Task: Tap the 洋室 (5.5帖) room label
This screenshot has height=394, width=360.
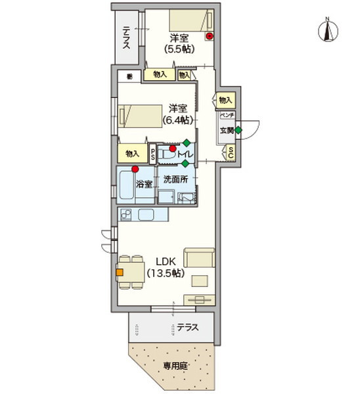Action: [x=179, y=43]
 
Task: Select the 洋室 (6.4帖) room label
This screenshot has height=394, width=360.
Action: [x=178, y=114]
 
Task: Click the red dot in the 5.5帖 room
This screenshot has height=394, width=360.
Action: [x=210, y=37]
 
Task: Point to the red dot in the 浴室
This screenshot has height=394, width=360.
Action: [x=135, y=169]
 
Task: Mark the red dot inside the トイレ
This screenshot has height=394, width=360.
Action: [x=173, y=149]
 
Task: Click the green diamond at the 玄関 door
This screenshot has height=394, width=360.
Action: [x=238, y=130]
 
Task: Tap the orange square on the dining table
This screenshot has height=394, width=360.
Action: [x=120, y=270]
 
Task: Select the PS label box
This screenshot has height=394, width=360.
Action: [x=152, y=154]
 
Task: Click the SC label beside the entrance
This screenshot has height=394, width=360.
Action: [x=231, y=153]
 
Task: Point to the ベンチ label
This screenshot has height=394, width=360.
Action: [x=227, y=116]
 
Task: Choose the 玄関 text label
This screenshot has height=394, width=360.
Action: [x=226, y=130]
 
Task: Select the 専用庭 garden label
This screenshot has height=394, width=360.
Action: [x=174, y=366]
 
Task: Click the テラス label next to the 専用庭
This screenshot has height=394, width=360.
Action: [x=187, y=327]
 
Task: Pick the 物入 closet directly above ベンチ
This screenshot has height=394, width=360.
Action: [x=225, y=100]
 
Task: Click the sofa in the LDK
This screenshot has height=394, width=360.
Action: [x=199, y=258]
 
